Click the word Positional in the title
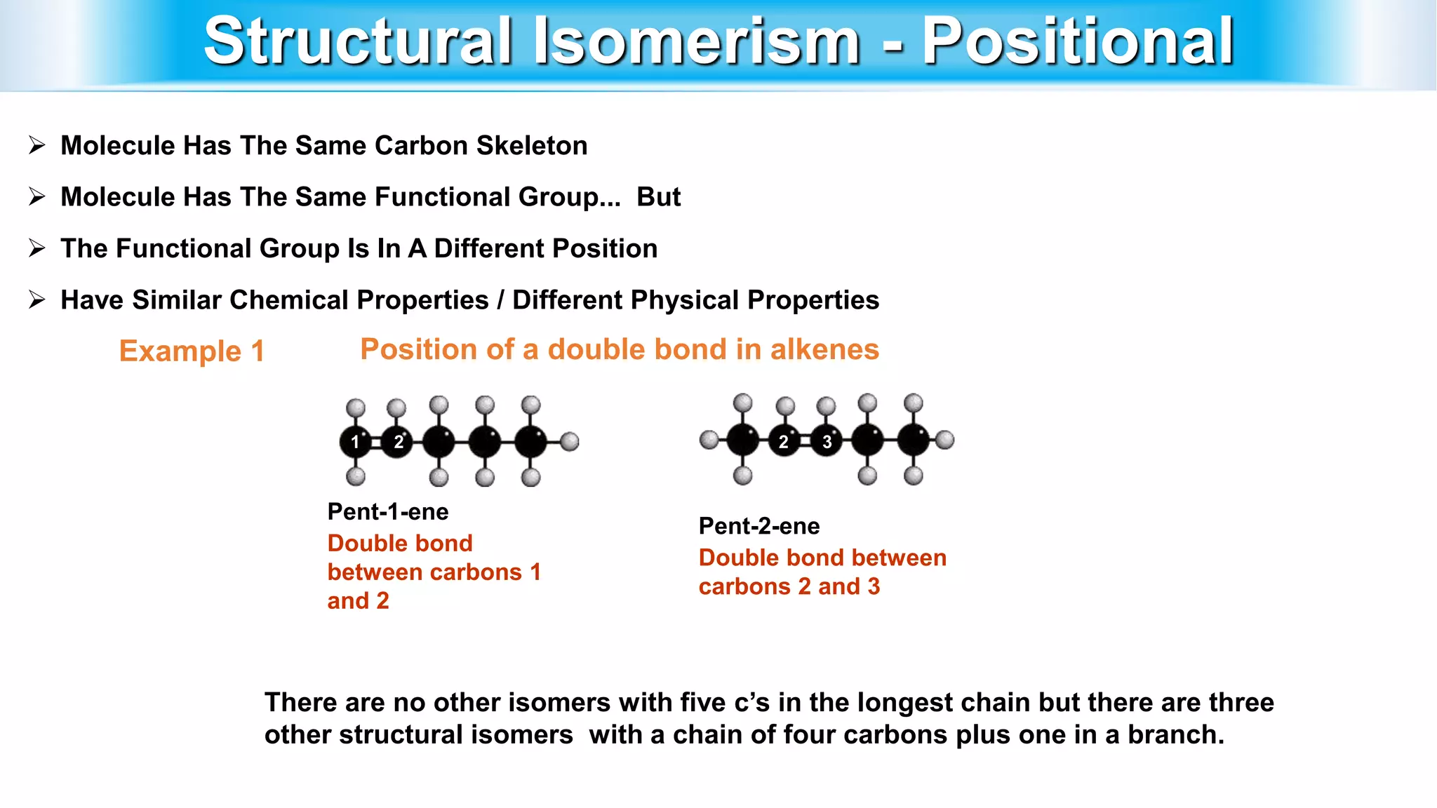[1077, 42]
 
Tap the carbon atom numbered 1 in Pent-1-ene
[355, 442]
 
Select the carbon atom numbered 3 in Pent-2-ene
[827, 442]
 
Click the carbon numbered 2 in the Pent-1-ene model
[398, 442]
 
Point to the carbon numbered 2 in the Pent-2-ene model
[784, 442]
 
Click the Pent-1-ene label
[387, 512]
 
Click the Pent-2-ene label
[758, 526]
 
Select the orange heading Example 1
[192, 351]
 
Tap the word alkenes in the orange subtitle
[824, 349]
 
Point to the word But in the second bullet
[658, 197]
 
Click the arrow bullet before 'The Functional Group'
[37, 248]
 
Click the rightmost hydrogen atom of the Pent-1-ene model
[570, 441]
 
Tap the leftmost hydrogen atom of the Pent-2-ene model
[709, 440]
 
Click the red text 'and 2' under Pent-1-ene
[358, 601]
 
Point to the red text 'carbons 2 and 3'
[789, 587]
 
